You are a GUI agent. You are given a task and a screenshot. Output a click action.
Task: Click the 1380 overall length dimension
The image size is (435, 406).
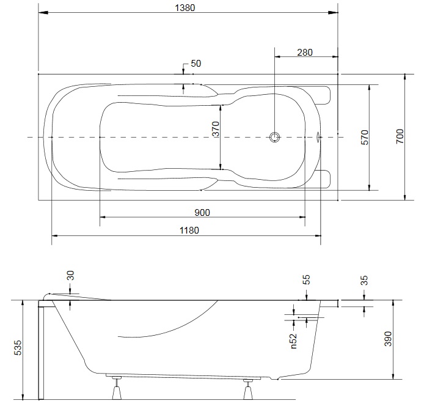185,8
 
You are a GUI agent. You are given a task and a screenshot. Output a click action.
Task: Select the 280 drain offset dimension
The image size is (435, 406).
305,52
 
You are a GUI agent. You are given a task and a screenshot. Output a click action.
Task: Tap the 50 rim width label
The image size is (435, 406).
196,64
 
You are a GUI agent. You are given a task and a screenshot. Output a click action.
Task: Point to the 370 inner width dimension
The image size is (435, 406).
216,129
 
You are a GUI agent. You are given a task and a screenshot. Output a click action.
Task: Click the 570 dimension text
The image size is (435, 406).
365,137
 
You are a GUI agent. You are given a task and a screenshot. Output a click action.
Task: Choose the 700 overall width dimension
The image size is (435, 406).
400,136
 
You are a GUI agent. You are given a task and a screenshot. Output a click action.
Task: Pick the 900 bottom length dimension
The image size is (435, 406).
202,213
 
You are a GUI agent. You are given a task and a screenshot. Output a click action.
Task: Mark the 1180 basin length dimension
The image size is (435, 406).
189,231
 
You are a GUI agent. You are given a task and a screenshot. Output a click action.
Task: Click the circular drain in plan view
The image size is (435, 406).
275,137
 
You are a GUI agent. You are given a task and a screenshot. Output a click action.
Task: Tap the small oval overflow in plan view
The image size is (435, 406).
318,137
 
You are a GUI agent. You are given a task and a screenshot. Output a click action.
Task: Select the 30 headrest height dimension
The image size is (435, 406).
71,276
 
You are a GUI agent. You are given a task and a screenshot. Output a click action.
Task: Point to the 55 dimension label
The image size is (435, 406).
306,279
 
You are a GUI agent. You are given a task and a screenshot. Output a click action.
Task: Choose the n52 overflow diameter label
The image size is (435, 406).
293,341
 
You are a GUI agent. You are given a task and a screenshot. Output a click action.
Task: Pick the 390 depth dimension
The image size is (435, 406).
388,339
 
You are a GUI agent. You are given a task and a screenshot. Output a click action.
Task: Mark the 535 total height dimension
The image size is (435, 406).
18,348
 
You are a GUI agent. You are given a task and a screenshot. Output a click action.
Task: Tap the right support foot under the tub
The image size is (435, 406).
248,389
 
